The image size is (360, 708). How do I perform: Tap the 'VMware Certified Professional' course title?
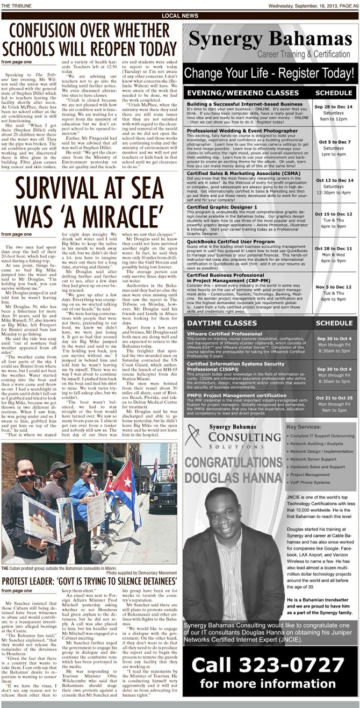coord(221,333)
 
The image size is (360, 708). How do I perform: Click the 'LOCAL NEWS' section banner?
coord(179,16)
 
